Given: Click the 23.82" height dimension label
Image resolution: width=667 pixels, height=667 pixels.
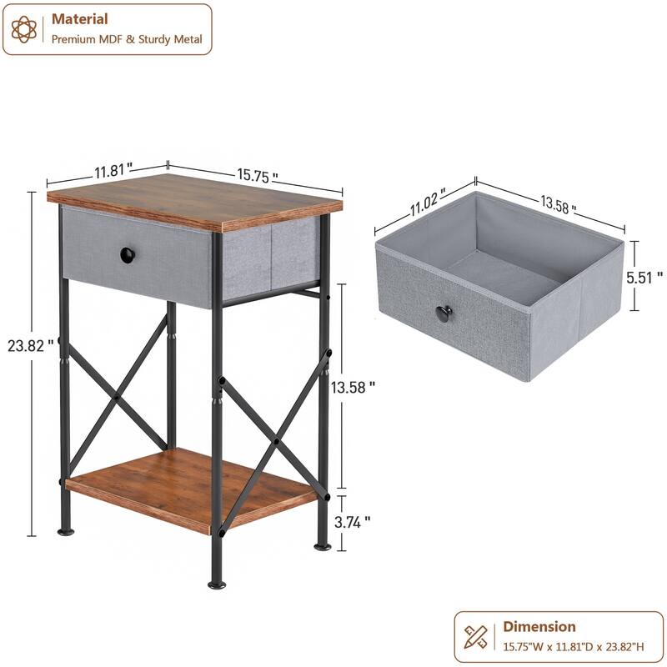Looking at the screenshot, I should [x=38, y=344].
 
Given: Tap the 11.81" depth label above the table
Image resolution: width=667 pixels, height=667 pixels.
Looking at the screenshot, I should [x=113, y=171].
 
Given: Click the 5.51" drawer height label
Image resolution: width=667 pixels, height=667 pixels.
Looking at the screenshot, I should [x=647, y=276].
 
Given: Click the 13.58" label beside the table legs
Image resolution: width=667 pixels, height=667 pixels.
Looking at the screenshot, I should [x=353, y=387].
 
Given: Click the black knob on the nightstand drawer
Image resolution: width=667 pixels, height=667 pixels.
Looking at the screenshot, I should [x=127, y=255].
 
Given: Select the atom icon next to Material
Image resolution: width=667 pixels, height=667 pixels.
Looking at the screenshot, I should [x=25, y=29].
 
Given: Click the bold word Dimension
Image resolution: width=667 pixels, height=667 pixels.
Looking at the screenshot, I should [x=539, y=626].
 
